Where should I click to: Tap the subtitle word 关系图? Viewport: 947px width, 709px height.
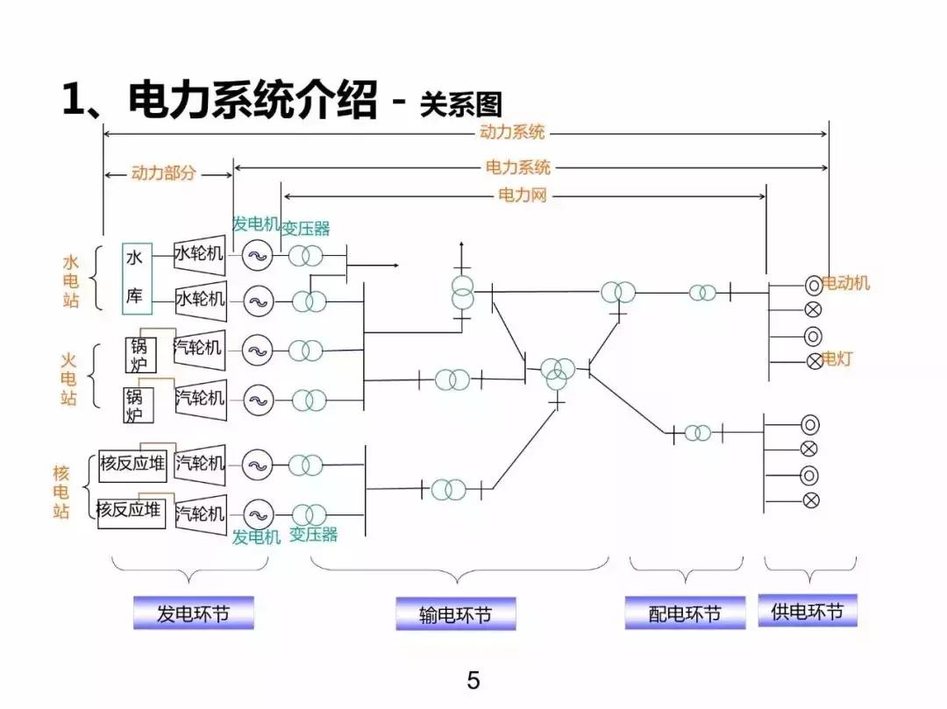[x=460, y=103]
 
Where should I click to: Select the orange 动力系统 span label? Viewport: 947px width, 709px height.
[x=512, y=132]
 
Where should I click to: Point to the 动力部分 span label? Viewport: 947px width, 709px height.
[x=164, y=174]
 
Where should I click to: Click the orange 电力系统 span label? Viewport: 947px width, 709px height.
[x=518, y=167]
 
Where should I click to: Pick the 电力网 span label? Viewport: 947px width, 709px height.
[x=523, y=195]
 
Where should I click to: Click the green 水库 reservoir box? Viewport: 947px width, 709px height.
[x=136, y=278]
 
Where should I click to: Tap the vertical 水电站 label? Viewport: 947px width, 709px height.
[x=71, y=281]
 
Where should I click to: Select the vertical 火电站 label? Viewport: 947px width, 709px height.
[x=69, y=379]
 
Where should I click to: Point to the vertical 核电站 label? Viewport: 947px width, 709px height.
[x=61, y=492]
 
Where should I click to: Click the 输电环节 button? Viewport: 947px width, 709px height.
[x=455, y=614]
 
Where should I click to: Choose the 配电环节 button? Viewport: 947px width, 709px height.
[x=684, y=613]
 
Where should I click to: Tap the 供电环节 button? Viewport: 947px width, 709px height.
[x=807, y=611]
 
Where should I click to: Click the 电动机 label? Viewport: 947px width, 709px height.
[x=847, y=283]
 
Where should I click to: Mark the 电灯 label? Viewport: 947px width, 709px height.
[x=837, y=358]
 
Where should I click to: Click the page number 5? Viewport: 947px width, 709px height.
[x=473, y=680]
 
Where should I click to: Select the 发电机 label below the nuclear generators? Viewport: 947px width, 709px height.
[x=256, y=536]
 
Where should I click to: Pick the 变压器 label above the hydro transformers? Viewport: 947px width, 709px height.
[x=305, y=229]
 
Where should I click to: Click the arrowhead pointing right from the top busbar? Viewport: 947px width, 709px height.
[x=395, y=262]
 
